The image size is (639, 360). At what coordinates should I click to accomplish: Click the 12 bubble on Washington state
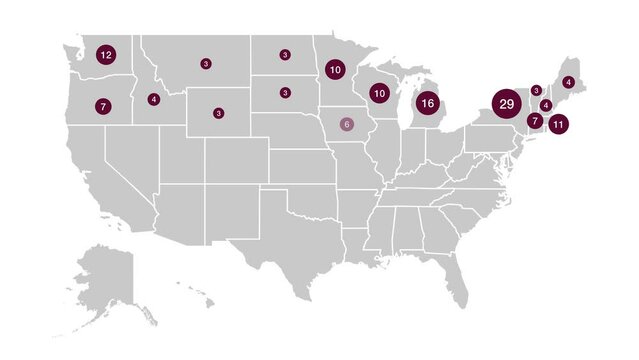(x=106, y=55)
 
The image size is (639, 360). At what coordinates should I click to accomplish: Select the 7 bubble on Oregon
(x=102, y=105)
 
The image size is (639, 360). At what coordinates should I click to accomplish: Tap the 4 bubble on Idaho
(x=153, y=99)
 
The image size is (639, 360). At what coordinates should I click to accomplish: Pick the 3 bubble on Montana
(x=205, y=64)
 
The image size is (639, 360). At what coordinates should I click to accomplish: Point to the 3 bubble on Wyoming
(x=218, y=113)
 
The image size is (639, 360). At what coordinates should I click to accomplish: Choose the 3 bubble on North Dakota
(x=285, y=55)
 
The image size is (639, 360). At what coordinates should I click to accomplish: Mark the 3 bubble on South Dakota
(x=285, y=93)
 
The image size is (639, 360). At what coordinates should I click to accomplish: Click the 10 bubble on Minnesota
(x=334, y=70)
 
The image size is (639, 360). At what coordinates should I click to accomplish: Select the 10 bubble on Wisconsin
(x=379, y=93)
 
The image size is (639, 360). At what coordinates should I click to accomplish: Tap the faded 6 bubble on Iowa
(x=347, y=124)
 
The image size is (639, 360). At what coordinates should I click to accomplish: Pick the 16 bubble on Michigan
(x=427, y=102)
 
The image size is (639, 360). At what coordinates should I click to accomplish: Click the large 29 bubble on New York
(x=505, y=104)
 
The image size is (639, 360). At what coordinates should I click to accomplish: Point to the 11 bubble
(x=557, y=125)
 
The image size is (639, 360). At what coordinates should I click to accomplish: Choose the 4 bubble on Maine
(x=568, y=82)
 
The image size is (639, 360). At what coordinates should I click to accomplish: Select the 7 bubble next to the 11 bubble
(x=535, y=121)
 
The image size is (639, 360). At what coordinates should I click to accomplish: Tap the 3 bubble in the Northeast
(x=536, y=90)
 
